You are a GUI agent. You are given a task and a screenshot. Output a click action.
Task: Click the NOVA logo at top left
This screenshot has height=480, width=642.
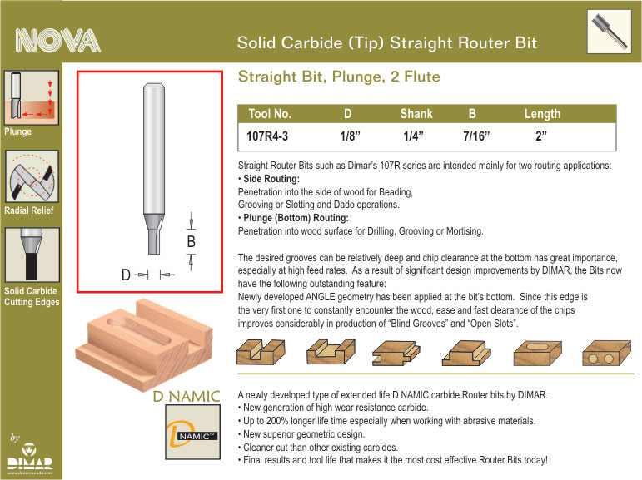tap(57, 41)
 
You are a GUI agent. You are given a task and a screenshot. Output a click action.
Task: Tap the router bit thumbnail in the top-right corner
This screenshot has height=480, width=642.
tap(610, 32)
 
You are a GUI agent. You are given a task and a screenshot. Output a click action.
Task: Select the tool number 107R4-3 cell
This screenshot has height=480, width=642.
tap(267, 136)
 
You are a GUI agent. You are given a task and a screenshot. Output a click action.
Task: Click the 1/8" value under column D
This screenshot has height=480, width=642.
tap(350, 136)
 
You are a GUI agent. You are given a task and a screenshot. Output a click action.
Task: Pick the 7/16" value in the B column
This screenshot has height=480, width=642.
tap(476, 136)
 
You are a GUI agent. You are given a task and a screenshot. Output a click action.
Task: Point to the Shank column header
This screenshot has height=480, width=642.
tap(416, 114)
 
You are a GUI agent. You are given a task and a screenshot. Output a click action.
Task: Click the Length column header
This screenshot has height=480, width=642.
tap(542, 114)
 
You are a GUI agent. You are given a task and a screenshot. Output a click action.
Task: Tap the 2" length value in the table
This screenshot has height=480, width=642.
tap(541, 136)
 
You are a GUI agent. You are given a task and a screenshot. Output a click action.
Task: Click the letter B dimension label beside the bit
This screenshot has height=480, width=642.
tap(191, 242)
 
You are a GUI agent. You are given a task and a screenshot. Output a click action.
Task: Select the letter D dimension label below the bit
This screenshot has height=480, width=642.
tap(126, 275)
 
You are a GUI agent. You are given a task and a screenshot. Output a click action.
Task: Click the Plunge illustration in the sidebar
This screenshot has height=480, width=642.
tap(32, 97)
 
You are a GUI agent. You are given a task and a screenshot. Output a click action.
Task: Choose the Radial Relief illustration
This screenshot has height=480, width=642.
tap(32, 176)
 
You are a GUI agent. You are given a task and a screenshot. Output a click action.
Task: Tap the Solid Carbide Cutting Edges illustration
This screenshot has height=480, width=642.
tap(32, 255)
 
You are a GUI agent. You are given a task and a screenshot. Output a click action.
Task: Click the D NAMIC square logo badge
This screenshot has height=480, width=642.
tap(193, 432)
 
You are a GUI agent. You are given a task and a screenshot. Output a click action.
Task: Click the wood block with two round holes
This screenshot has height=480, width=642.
tap(606, 353)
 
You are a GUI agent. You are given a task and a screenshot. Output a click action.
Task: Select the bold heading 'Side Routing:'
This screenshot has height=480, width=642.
tap(271, 179)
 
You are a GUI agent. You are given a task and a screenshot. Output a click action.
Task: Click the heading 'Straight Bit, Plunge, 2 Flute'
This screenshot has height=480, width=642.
tap(339, 77)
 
